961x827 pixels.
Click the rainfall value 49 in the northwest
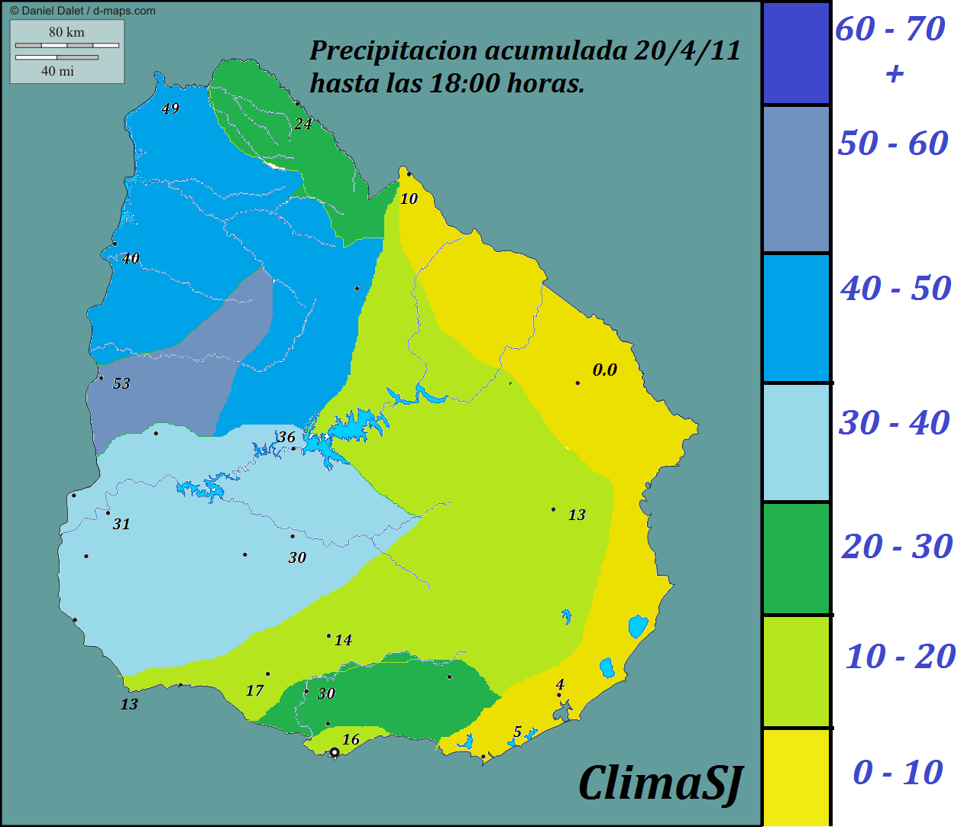pyautogui.click(x=170, y=109)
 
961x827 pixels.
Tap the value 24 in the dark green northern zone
pyautogui.click(x=303, y=124)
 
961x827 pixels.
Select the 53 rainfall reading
pyautogui.click(x=121, y=384)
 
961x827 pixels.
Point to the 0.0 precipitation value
pyautogui.click(x=604, y=370)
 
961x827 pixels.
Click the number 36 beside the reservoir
pyautogui.click(x=286, y=437)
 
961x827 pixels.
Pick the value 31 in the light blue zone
pyautogui.click(x=121, y=525)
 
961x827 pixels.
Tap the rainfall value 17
pyautogui.click(x=254, y=691)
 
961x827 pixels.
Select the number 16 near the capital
pyautogui.click(x=351, y=739)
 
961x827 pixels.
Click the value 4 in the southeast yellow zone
pyautogui.click(x=560, y=685)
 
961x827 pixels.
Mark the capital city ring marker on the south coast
pyautogui.click(x=334, y=752)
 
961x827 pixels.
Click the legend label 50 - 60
pyautogui.click(x=892, y=144)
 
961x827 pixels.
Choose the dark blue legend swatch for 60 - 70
pyautogui.click(x=796, y=53)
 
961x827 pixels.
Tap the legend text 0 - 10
pyautogui.click(x=897, y=773)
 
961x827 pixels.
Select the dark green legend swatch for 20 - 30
pyautogui.click(x=796, y=558)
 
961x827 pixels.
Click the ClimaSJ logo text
pyautogui.click(x=660, y=784)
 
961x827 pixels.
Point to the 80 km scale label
pyautogui.click(x=66, y=32)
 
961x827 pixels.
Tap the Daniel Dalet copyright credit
pyautogui.click(x=83, y=11)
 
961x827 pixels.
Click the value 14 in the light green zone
pyautogui.click(x=343, y=641)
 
